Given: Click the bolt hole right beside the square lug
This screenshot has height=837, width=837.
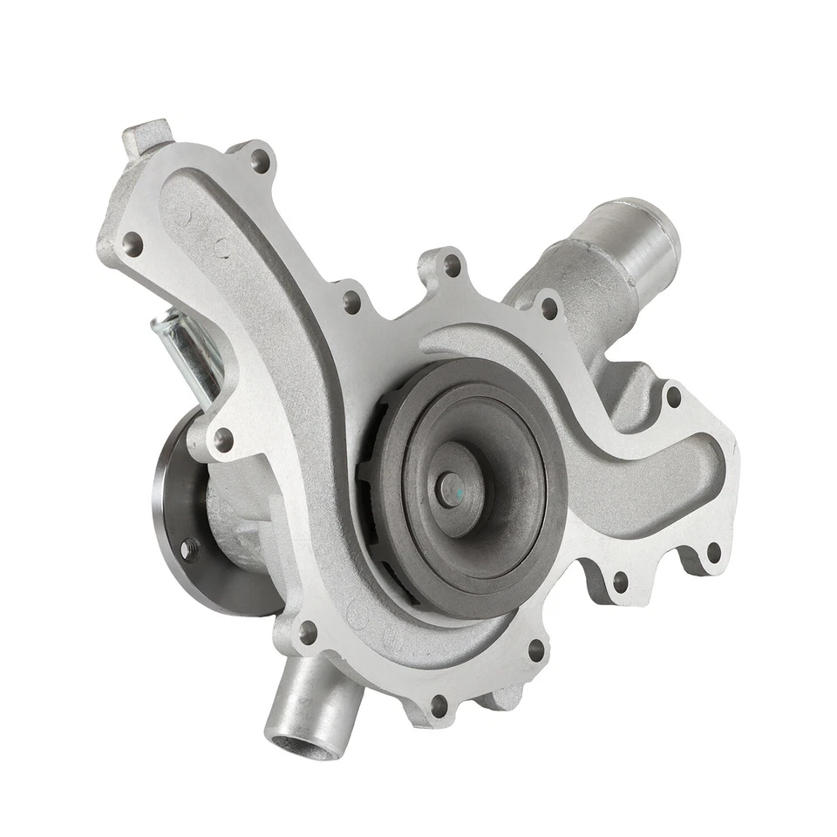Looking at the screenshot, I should tap(260, 160).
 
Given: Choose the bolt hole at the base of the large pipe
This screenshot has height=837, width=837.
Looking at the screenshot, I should tap(548, 307).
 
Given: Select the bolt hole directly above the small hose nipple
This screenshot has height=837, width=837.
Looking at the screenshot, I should tap(307, 630).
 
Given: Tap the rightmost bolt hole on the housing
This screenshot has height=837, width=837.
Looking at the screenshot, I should tap(713, 550).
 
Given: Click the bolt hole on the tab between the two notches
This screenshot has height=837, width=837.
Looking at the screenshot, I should tap(621, 580).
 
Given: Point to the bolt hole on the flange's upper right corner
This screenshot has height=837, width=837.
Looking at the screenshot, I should tap(673, 397).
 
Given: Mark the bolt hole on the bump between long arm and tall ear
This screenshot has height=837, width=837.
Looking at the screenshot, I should tap(351, 302).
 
